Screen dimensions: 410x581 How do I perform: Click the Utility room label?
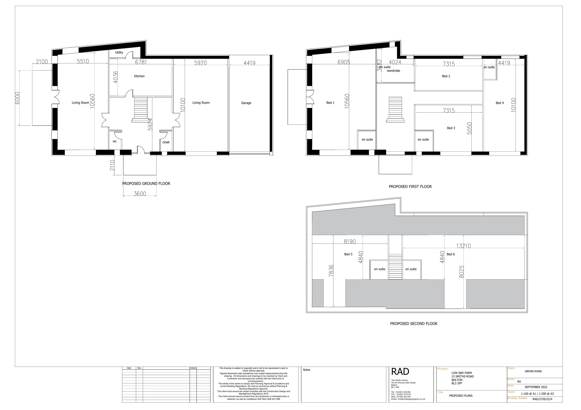pos(119,53)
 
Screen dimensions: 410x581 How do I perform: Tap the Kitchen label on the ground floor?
pos(139,76)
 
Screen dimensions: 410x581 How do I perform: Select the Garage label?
pos(246,103)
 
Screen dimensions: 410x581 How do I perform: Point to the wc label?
pos(115,141)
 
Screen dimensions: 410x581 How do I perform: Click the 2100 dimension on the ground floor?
pos(42,61)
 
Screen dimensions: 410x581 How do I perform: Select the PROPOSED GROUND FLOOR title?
pos(146,183)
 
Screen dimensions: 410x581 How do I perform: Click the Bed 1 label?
pos(330,103)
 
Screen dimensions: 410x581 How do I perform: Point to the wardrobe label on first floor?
pos(393,71)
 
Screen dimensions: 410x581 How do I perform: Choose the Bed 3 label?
pos(451,128)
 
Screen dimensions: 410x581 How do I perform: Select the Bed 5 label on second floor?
pos(348,254)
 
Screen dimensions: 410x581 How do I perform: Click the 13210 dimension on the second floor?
pos(463,246)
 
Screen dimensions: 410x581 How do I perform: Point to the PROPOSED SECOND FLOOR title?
pos(413,324)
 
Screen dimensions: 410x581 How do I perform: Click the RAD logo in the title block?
pos(400,371)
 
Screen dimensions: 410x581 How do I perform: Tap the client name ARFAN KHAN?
pos(533,371)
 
